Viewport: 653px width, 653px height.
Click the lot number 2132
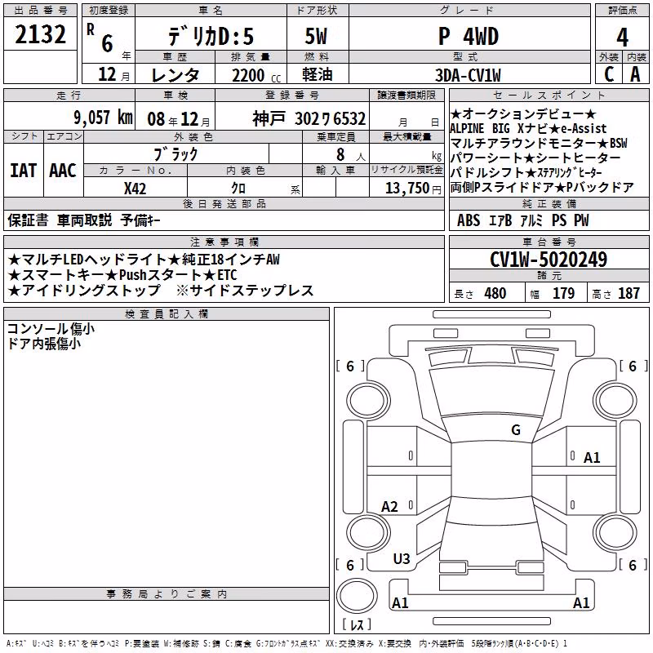point(40,34)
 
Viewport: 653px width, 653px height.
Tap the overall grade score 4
point(622,38)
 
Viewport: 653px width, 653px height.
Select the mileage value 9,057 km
point(103,118)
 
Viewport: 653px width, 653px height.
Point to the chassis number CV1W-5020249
point(549,260)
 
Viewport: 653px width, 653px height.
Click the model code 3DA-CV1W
point(468,75)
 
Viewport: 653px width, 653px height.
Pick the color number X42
point(135,189)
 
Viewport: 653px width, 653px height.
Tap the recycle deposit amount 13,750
point(406,189)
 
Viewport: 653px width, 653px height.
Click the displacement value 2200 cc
point(256,75)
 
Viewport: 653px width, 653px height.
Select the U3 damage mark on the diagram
point(402,559)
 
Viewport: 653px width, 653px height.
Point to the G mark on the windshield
point(516,429)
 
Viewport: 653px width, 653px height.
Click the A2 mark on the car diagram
point(389,506)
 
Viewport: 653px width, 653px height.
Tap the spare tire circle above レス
point(357,596)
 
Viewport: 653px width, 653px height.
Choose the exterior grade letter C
point(609,74)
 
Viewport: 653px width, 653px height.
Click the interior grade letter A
point(635,74)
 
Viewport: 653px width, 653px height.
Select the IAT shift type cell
point(24,171)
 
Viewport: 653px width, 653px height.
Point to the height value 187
point(629,293)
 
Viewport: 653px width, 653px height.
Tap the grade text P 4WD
point(469,37)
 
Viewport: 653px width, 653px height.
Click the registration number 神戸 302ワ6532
point(309,118)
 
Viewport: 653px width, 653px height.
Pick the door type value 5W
point(316,36)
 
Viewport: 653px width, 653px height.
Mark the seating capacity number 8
point(340,154)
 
